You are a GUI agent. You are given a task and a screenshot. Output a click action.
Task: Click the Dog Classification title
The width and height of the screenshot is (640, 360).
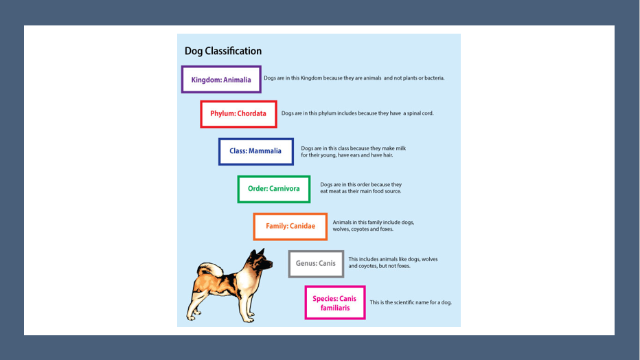point(223,52)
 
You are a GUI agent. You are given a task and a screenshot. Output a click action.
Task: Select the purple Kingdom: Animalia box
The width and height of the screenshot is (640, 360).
point(221,80)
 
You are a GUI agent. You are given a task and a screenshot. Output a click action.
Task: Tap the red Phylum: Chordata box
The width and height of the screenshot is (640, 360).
point(238,114)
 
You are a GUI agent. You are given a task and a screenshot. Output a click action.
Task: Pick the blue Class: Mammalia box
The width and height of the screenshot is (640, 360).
point(255,152)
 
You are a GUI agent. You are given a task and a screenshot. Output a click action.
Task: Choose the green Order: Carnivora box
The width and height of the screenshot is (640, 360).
point(273,189)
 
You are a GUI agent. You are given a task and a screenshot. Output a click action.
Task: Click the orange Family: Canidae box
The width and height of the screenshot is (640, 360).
point(290,226)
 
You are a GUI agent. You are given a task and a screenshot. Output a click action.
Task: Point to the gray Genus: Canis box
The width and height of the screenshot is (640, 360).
point(316,264)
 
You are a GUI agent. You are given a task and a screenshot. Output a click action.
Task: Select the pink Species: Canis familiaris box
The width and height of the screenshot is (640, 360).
point(335,303)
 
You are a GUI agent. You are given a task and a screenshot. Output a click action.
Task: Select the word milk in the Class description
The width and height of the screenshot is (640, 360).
point(400,148)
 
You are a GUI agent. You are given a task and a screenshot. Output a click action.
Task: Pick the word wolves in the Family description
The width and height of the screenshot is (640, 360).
point(342,229)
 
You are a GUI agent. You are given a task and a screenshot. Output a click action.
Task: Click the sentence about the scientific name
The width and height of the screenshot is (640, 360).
point(411,303)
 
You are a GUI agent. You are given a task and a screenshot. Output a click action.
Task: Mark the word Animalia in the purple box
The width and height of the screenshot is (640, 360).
point(237,80)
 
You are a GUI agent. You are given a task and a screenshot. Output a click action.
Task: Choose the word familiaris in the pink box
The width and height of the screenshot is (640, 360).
point(335,308)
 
